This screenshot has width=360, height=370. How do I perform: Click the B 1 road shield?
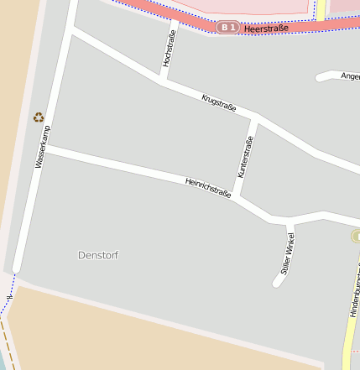pos(227,28)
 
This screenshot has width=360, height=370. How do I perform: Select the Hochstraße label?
pos(170,49)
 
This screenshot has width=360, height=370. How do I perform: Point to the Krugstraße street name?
pos(219,103)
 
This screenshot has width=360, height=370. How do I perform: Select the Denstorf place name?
pos(98,254)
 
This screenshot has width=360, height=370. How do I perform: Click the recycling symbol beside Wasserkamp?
pos(38,117)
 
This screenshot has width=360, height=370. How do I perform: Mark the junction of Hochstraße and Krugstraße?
pos(162,81)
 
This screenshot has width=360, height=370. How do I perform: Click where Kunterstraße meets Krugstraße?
pos(255,119)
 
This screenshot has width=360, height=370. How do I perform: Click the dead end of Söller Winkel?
pos(278,281)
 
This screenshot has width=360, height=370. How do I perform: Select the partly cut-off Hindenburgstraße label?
pos(354,290)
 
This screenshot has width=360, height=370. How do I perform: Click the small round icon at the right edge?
pos(356,237)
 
